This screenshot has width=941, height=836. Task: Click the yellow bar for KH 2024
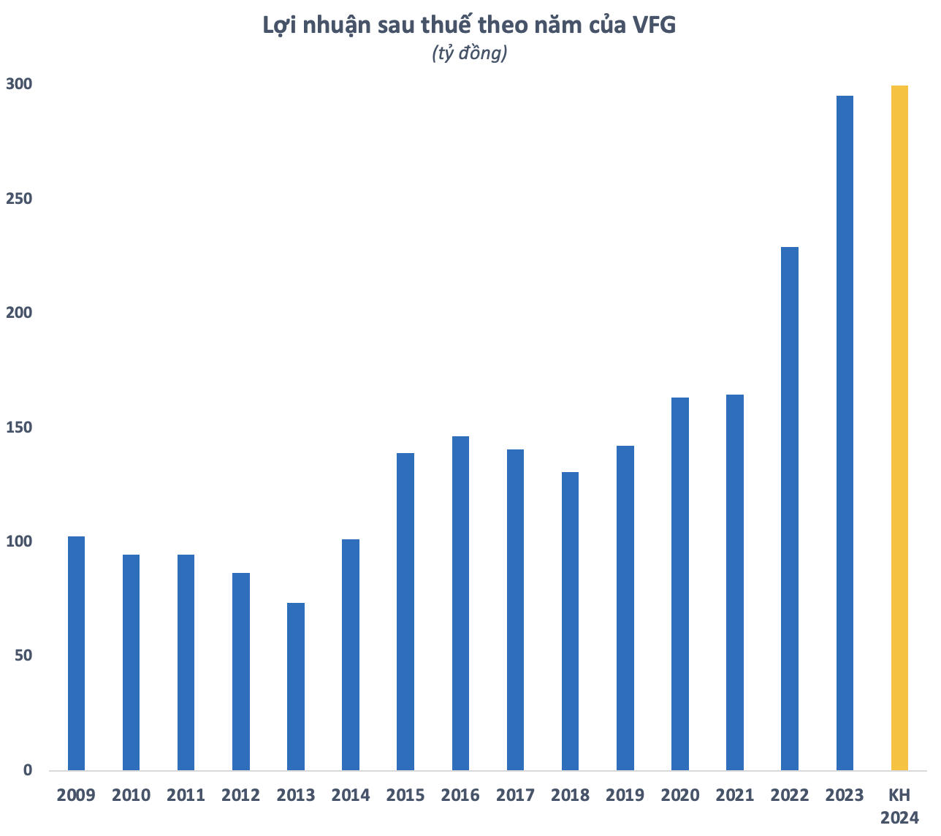point(899,427)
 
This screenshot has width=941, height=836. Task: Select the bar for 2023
point(845,433)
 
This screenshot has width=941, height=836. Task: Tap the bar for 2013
point(296,686)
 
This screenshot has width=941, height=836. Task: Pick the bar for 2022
point(790,508)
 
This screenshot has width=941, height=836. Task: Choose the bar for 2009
point(76,653)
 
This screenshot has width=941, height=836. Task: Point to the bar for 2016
point(460,603)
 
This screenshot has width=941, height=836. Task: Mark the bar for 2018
point(570,621)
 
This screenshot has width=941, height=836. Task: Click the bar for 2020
point(680,583)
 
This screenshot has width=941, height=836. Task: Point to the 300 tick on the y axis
point(19,84)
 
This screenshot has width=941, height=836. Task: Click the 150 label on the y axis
point(19,427)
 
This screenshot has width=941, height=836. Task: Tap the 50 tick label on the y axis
point(23,655)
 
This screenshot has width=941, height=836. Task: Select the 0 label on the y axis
point(28,770)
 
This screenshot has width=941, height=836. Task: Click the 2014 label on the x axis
point(351,795)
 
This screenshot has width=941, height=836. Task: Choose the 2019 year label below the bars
point(625,795)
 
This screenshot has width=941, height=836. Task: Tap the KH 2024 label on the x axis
point(899,806)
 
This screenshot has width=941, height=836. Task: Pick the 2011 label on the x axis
point(186,795)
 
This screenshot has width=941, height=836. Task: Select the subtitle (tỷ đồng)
point(470,53)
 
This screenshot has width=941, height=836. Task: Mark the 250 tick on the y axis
point(19,199)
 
